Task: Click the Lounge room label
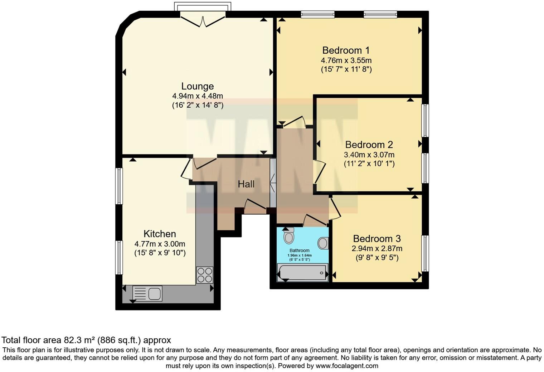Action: tap(197, 86)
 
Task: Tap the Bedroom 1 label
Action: tap(346, 50)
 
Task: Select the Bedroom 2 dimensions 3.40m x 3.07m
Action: tap(369, 155)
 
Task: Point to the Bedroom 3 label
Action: tap(377, 239)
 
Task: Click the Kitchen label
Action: tap(160, 234)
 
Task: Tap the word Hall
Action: tap(246, 184)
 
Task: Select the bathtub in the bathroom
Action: tap(302, 273)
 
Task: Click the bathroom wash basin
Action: tap(323, 243)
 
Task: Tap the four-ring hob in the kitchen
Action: tap(204, 275)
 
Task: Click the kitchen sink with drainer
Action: tap(147, 293)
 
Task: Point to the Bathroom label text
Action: tap(299, 250)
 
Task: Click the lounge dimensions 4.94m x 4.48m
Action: tap(197, 96)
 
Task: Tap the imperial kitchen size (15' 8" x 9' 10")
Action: tap(160, 253)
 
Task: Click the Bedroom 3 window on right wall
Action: tap(425, 253)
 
